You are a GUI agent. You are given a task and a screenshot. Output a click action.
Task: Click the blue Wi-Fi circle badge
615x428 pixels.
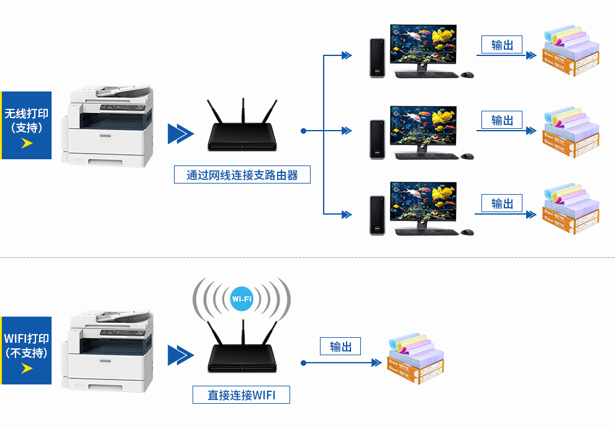point(242,299)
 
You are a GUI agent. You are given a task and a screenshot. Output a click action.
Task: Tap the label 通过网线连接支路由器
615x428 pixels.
point(242,175)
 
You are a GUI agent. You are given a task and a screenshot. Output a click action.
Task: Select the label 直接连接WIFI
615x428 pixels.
point(241,394)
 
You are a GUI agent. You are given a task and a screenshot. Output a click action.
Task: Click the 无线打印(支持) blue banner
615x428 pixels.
point(26,125)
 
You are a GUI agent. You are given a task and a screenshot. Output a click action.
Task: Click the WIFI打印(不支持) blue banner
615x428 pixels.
point(26,350)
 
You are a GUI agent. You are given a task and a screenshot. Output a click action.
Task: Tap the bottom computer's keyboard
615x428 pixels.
point(427,232)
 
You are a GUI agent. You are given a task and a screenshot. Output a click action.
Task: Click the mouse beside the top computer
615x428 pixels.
point(467,75)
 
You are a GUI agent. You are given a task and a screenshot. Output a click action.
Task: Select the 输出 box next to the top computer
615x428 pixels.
point(502,45)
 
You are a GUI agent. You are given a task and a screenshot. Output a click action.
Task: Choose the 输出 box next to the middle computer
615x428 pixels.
point(502,120)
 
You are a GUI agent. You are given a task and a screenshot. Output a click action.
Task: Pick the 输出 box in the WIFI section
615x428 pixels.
point(340,347)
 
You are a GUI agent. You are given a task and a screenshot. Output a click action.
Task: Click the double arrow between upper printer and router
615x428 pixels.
point(180,134)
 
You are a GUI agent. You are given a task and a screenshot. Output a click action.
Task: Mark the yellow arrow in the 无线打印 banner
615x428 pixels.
point(27,144)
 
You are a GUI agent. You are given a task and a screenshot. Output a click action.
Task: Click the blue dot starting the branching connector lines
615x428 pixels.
point(303,131)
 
